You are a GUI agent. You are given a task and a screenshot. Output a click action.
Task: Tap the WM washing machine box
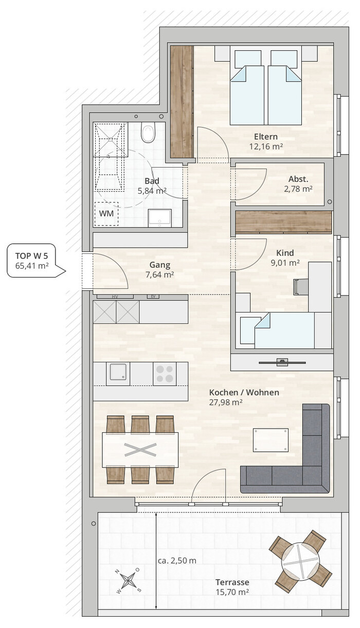tap(106, 214)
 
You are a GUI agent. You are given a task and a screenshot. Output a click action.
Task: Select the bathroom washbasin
tap(159, 218)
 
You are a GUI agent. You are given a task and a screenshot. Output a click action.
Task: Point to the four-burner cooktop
tap(165, 374)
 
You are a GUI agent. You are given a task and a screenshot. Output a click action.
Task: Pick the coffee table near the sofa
tap(271, 440)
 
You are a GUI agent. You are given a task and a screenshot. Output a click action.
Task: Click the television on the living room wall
tap(282, 362)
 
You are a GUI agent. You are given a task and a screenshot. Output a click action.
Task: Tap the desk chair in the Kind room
tap(299, 287)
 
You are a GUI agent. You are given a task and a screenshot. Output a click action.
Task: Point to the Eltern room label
tap(266, 137)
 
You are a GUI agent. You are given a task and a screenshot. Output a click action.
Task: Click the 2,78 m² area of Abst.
tap(298, 189)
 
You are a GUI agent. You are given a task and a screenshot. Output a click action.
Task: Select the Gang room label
tap(159, 265)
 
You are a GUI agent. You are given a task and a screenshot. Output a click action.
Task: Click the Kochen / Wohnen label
tap(244, 392)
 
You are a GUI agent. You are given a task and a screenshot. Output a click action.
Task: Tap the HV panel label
tap(115, 297)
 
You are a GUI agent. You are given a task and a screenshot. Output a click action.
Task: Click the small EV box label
tap(153, 297)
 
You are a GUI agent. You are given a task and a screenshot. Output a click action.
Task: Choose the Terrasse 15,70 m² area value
tap(232, 592)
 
